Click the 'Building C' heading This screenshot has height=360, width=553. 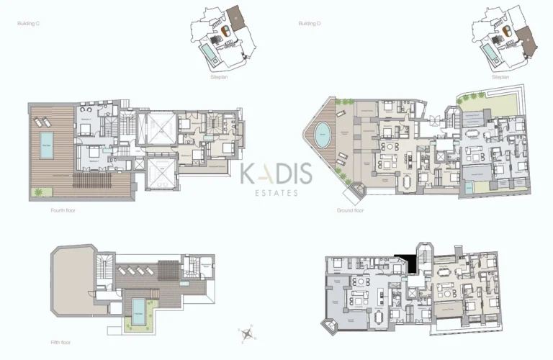coord(27,24)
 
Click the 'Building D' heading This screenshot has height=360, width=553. coord(308,24)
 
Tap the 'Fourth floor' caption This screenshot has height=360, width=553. coord(63,211)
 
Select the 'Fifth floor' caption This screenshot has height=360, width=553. coord(61,342)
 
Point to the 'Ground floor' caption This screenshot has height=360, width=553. coord(349,211)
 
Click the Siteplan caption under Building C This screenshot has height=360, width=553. coord(219,76)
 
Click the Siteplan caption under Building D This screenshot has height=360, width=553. coord(500,76)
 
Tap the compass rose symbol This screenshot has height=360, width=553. coord(248,333)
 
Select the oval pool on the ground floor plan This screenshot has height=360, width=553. coord(321,134)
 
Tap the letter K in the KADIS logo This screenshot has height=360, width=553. coord(247,174)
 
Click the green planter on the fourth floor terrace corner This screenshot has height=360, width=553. coord(37,192)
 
